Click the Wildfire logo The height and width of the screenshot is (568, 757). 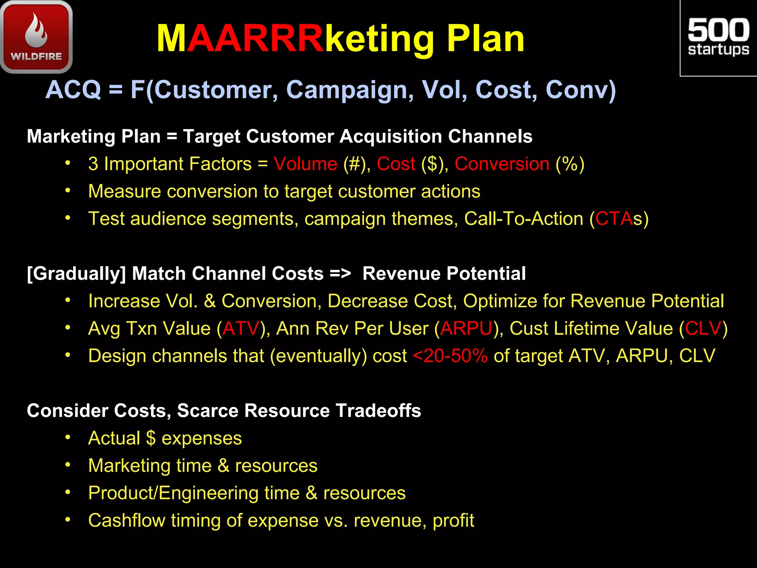(x=36, y=37)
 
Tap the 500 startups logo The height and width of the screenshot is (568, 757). (x=718, y=38)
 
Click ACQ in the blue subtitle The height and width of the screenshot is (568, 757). (x=73, y=90)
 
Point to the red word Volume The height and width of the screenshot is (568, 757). (x=305, y=164)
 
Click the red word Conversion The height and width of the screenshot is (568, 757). (x=502, y=164)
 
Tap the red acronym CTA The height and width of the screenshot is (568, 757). (x=614, y=219)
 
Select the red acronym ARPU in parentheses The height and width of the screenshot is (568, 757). (x=466, y=328)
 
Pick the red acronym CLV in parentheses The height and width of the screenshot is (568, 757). (x=703, y=328)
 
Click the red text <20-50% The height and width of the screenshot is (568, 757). (x=450, y=356)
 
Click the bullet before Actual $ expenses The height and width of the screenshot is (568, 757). (x=68, y=437)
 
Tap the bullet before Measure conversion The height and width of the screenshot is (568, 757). (x=68, y=191)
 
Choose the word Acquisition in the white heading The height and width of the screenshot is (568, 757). (x=391, y=136)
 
